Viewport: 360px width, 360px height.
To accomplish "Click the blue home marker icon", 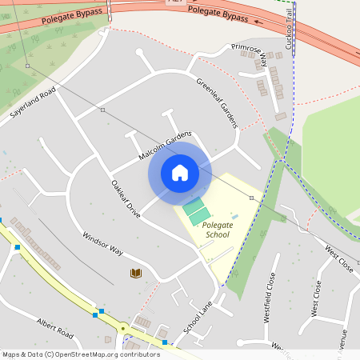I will (x=179, y=173).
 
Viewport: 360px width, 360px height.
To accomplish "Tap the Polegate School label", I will (x=217, y=230).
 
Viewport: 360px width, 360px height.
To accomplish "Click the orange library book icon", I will (x=136, y=274).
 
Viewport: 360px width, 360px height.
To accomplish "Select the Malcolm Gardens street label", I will (x=166, y=145).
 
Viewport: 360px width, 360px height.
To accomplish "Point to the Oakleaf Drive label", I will (x=126, y=199).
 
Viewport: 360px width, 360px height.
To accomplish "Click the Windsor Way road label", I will (x=102, y=243).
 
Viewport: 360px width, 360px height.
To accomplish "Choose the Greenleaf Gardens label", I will (x=218, y=103).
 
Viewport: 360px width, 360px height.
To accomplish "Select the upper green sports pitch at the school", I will (x=194, y=205).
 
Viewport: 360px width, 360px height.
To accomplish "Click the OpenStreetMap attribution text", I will (x=82, y=354).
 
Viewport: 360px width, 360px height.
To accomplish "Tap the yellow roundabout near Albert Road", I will (x=123, y=327).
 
